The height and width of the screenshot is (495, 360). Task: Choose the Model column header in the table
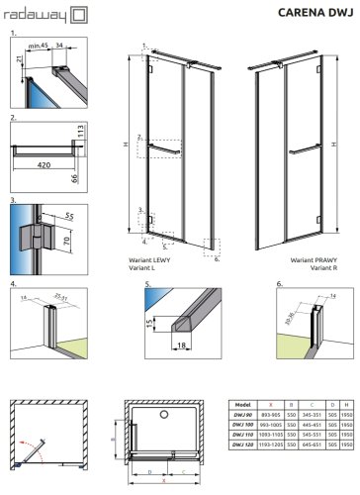coord(241,405)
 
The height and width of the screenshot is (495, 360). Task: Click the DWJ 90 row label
coord(241,416)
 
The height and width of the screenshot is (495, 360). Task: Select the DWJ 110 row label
coord(241,436)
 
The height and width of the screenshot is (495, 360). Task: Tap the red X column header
coord(268,405)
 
